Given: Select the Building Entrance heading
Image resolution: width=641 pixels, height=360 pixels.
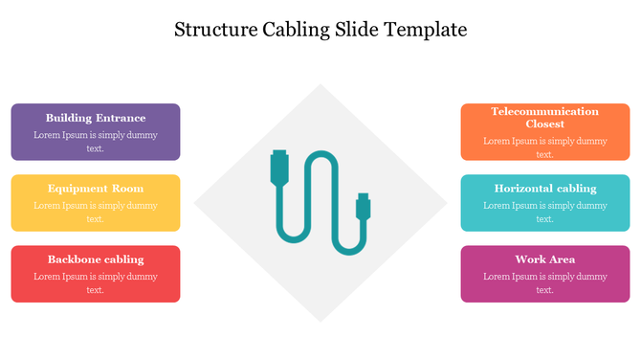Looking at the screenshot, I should pos(96,118).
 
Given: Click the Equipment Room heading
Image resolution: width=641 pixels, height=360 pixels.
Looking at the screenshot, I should pos(96,189).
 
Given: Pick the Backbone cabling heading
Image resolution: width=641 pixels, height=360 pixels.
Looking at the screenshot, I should pos(96,259).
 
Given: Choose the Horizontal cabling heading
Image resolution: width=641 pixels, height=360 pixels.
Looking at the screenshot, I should pos(545,189).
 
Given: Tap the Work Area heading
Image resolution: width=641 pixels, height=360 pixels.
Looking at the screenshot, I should pos(545,259).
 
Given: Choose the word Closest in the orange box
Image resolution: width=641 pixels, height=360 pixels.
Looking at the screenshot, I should pos(545,124).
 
